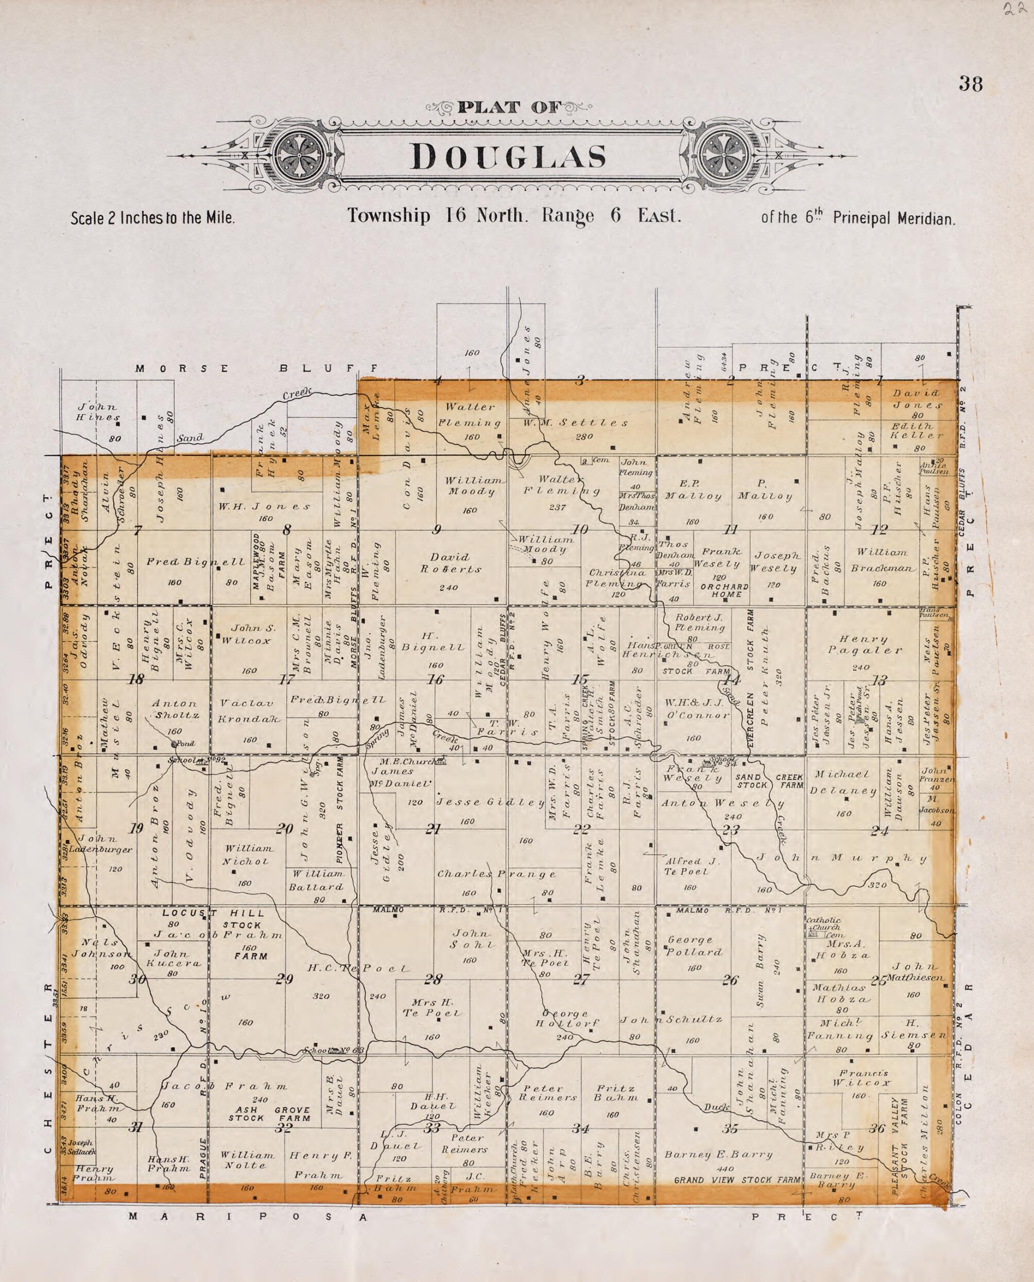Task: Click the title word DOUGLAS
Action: tap(508, 157)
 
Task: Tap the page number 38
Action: tap(970, 84)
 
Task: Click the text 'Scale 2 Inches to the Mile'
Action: tap(152, 218)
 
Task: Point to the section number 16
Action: tap(436, 679)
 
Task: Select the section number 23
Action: tap(730, 830)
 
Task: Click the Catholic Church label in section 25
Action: tap(824, 924)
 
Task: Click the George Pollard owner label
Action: tap(695, 946)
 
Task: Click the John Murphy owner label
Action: tap(841, 859)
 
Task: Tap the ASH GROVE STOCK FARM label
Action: tap(269, 1115)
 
